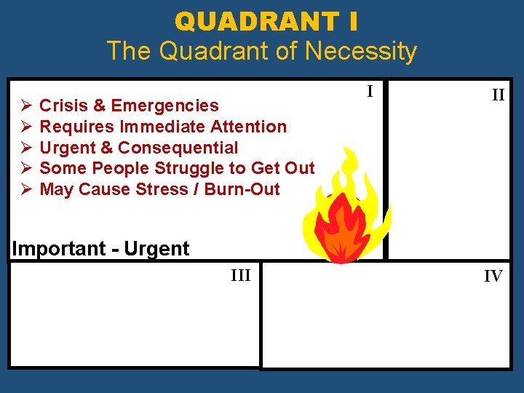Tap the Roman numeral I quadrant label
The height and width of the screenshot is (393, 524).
coord(370,92)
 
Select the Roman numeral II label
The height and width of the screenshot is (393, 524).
coord(498,95)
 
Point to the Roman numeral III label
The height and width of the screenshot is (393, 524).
coord(240,275)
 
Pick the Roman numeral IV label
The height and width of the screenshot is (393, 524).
coord(493,277)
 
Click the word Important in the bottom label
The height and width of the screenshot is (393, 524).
coord(59,249)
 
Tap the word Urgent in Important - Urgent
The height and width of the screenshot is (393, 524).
coord(156,249)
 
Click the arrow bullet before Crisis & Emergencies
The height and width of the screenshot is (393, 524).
coord(25,106)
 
